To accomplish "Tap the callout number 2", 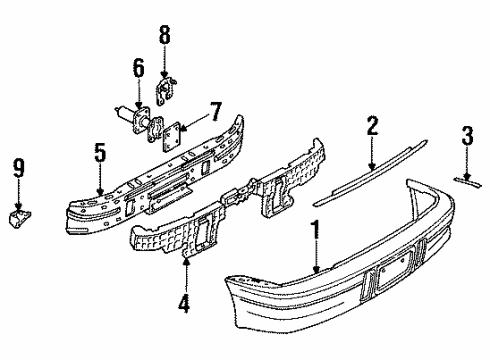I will pos(371,127).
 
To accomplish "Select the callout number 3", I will pos(466,137).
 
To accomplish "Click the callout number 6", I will pos(138,69).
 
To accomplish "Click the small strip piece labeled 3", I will pos(465,180).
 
